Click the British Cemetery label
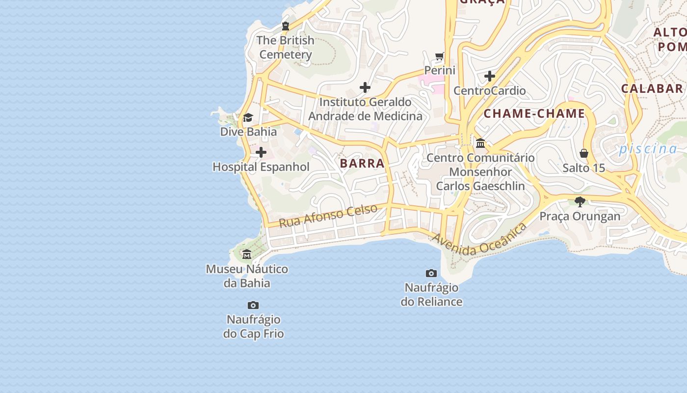point(286,47)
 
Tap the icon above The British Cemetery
point(286,26)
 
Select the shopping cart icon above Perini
point(440,56)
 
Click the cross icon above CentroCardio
point(489,76)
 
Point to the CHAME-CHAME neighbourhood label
point(534,114)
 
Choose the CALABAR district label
point(652,88)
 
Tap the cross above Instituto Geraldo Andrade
point(365,87)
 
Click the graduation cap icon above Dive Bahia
point(248,118)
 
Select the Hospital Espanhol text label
point(261,167)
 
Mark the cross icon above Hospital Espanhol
point(261,153)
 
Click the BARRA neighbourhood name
point(362,164)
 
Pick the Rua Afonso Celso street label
point(328,216)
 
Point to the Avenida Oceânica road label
point(479,239)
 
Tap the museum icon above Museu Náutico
point(247,254)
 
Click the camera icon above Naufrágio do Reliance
point(431,273)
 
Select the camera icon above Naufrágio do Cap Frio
point(253,306)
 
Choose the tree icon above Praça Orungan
point(580,201)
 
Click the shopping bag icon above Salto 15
point(584,153)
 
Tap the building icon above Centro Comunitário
point(480,143)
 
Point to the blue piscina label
point(648,149)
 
